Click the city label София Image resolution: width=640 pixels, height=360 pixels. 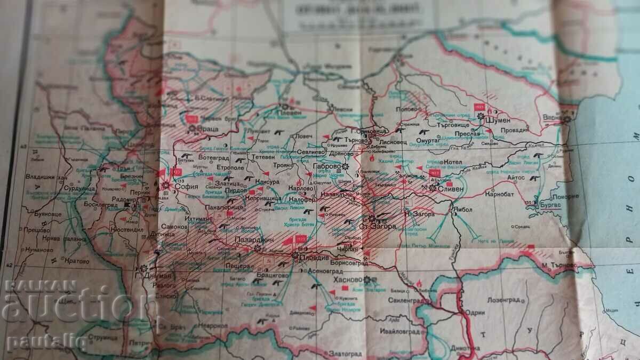click(x=185, y=187)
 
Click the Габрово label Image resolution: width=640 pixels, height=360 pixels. click(x=327, y=166)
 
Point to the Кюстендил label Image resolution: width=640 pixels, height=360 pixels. click(x=127, y=229)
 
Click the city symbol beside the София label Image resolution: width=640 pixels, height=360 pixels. click(x=166, y=185)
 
